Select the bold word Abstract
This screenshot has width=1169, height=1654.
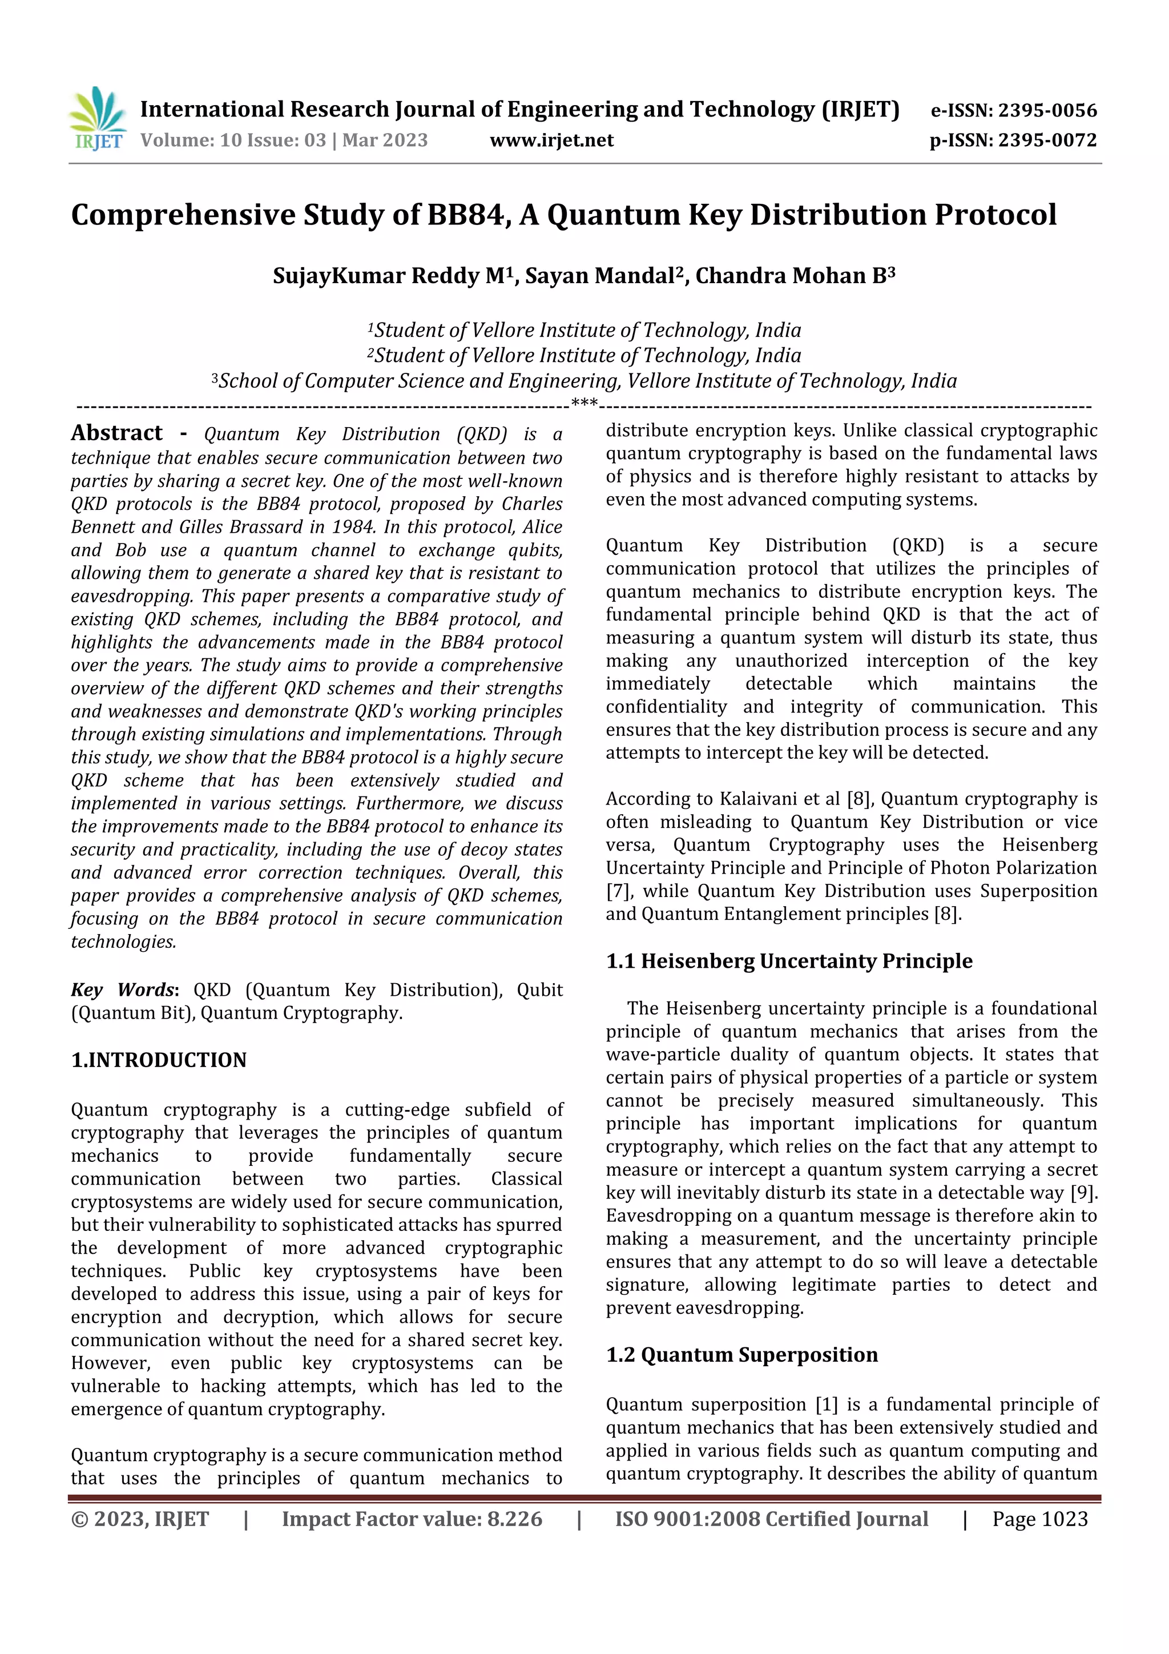tap(116, 433)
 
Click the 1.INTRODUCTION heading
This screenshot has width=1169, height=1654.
tap(159, 1060)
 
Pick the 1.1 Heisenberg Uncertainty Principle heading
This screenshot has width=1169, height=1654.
tap(789, 961)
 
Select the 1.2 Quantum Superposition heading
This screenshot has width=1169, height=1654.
tap(742, 1355)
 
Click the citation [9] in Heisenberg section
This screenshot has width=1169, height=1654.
tap(1083, 1193)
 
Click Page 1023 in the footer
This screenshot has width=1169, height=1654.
tap(1039, 1519)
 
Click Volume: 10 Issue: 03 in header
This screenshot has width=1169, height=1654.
tap(233, 140)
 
